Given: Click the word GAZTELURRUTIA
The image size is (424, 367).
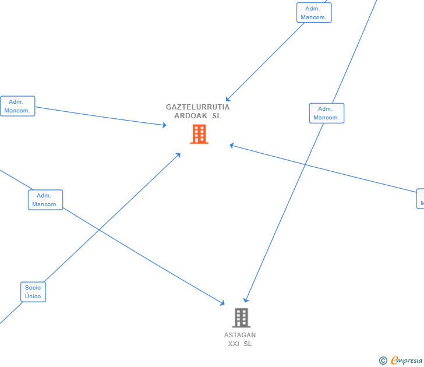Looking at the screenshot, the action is [197, 107].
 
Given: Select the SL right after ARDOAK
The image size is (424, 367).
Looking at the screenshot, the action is [217, 116].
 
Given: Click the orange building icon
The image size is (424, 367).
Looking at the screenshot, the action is [199, 135].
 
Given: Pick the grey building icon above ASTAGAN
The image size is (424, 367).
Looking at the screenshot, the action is [241, 317].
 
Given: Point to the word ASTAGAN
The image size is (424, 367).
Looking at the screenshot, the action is [240, 335].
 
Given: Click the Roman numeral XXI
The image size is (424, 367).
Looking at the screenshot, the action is [234, 344].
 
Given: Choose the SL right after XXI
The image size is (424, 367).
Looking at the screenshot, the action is [248, 344].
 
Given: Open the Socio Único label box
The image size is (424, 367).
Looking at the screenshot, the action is [33, 292].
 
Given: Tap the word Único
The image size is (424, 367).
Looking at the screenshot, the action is [33, 297].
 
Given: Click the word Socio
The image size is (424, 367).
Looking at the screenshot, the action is [33, 287].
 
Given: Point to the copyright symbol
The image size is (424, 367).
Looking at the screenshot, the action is [383, 361].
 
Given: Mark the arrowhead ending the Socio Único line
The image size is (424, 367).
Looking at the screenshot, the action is [179, 154].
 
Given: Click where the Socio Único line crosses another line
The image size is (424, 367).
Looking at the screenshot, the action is [100, 231].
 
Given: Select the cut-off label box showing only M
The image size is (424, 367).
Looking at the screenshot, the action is [421, 199].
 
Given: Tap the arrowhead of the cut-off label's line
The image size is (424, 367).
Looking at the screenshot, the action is [231, 145].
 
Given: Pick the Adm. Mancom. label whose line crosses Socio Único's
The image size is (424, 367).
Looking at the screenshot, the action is [45, 200].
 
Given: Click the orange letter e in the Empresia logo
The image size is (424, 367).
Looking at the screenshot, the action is [395, 361].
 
